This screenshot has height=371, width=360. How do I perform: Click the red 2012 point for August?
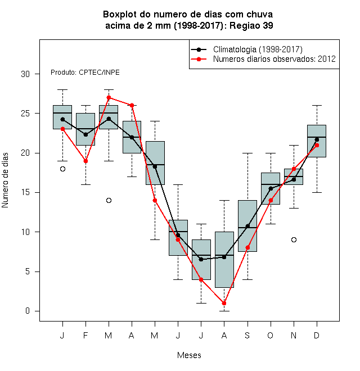tap(224, 303)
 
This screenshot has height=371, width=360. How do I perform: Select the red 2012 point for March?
tap(109, 97)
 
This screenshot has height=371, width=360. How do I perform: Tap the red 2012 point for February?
tap(85, 161)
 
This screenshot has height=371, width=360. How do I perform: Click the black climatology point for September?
tap(247, 226)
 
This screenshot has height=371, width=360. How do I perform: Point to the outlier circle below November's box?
tap(294, 239)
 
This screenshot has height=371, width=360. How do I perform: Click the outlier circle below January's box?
tap(62, 169)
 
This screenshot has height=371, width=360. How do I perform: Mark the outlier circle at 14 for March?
tap(109, 201)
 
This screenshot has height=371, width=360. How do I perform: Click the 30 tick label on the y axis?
tap(25, 74)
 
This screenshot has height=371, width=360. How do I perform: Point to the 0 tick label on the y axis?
tap(28, 311)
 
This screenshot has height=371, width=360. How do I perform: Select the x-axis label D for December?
tap(317, 335)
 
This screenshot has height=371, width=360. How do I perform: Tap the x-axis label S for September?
tap(247, 335)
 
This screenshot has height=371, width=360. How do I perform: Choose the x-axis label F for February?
tap(85, 335)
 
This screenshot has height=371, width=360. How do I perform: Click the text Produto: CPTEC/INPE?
tap(85, 73)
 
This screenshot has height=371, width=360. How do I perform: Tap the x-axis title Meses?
tap(189, 355)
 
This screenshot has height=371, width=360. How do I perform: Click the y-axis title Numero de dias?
tap(5, 180)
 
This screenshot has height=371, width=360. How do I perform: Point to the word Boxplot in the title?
tap(120, 15)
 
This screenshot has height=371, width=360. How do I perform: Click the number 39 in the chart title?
tap(268, 25)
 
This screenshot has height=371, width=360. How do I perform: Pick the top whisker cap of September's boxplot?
tap(247, 153)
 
